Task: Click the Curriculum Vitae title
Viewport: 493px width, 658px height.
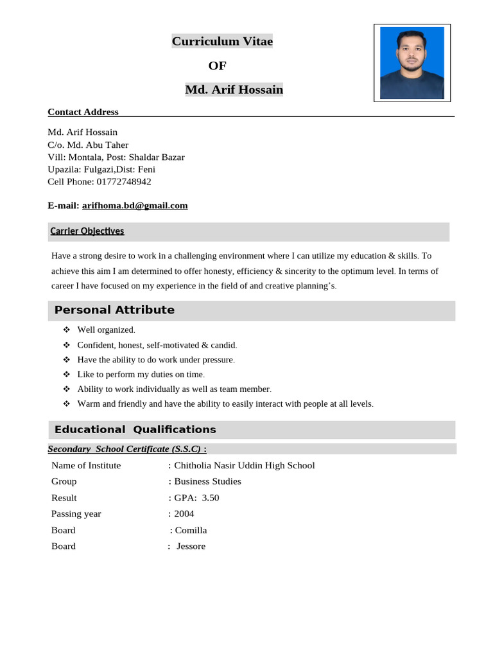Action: (x=222, y=42)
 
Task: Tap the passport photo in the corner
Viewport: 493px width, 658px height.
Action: (x=411, y=62)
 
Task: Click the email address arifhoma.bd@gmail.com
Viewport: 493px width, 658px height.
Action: (x=135, y=206)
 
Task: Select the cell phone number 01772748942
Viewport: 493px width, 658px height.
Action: (x=124, y=182)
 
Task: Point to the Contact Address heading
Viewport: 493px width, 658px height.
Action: (x=83, y=112)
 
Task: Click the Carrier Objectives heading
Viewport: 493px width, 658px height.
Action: (x=87, y=231)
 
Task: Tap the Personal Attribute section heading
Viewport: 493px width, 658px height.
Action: (x=114, y=310)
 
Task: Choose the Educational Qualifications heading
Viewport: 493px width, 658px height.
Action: (x=135, y=430)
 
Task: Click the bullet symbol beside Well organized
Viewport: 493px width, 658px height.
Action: (x=66, y=330)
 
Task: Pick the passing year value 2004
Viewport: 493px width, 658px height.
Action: (x=184, y=514)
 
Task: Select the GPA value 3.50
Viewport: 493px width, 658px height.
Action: (x=211, y=498)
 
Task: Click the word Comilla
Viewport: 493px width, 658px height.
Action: (x=191, y=530)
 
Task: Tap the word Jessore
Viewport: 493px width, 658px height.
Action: (x=191, y=546)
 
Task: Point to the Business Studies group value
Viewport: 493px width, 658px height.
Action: (x=207, y=481)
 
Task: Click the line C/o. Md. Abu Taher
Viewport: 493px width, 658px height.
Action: (x=88, y=145)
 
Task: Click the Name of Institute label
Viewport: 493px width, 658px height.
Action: (x=86, y=465)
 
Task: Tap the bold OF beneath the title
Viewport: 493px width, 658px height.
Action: (x=218, y=66)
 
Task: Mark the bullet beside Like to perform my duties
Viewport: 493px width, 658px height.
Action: (x=66, y=374)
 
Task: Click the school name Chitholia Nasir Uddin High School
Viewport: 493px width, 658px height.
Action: (x=245, y=465)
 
